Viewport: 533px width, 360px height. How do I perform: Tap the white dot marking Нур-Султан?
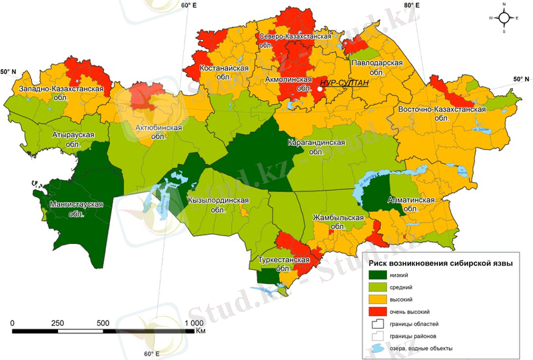[x=320, y=87]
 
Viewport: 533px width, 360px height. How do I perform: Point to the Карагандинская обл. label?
[x=316, y=147]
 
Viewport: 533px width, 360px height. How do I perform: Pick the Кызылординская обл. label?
[x=219, y=205]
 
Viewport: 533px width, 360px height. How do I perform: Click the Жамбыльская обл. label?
[x=338, y=222]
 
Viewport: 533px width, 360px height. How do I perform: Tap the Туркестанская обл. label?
[x=284, y=264]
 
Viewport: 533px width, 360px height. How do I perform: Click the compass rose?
[x=504, y=18]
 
